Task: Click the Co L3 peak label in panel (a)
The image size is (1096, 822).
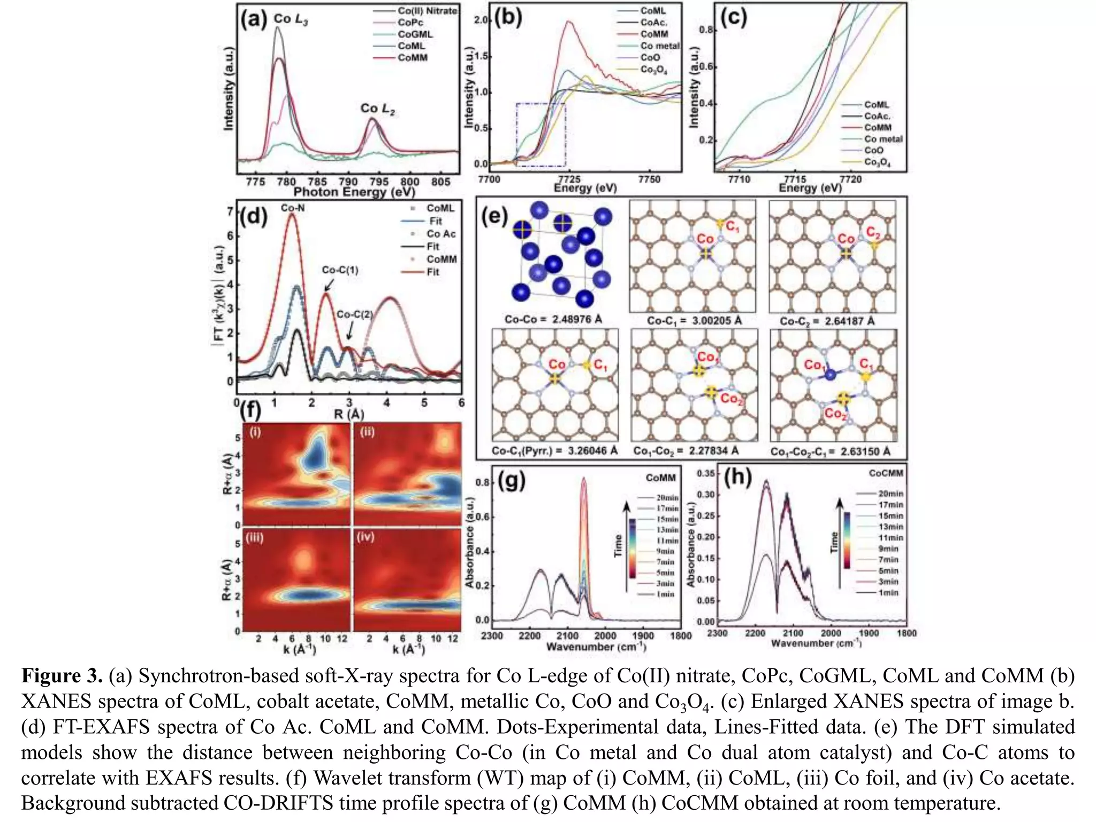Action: (x=291, y=19)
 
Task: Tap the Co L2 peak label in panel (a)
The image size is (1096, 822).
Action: (x=377, y=109)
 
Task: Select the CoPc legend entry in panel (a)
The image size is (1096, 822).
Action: (x=410, y=22)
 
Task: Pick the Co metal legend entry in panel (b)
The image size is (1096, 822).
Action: (x=659, y=46)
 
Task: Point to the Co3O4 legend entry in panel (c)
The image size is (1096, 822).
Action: (x=877, y=162)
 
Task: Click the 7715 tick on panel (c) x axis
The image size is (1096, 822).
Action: (x=795, y=179)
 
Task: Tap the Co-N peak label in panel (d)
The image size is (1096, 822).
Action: (x=293, y=208)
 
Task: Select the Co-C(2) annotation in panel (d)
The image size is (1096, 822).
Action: (x=354, y=315)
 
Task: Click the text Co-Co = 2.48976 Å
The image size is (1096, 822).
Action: (x=553, y=319)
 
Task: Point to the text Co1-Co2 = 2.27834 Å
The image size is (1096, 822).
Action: (x=686, y=451)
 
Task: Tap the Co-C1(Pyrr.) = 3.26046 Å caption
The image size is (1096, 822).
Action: (x=554, y=451)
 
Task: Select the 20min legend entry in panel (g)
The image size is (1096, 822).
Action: (x=667, y=498)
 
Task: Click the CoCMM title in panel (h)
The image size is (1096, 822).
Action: (x=886, y=473)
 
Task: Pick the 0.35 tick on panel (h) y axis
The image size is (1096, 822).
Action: (x=706, y=474)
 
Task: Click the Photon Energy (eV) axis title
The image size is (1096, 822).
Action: (x=354, y=192)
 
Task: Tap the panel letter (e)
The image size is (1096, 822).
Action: (x=494, y=217)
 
